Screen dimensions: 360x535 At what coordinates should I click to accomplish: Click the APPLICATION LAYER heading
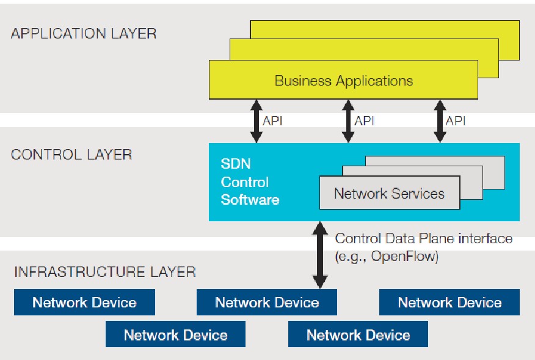coord(84,33)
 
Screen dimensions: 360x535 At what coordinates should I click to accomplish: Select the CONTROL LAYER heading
coord(71,154)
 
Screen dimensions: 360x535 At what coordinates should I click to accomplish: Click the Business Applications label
coord(343,81)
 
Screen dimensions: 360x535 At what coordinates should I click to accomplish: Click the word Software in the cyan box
coord(250,199)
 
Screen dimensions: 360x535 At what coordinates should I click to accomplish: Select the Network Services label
coord(389,194)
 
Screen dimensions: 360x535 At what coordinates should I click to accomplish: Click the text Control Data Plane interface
coord(424,239)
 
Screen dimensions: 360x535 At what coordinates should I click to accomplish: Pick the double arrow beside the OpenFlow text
coord(319,255)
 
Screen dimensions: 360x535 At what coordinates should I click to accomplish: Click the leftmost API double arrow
coord(257,121)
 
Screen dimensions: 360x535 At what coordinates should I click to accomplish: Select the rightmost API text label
coord(456,121)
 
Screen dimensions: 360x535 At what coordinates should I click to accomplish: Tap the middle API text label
coord(364,121)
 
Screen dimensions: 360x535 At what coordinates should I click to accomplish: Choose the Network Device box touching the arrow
coord(267,303)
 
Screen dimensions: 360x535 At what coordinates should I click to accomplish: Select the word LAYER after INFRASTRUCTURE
coord(175,271)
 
